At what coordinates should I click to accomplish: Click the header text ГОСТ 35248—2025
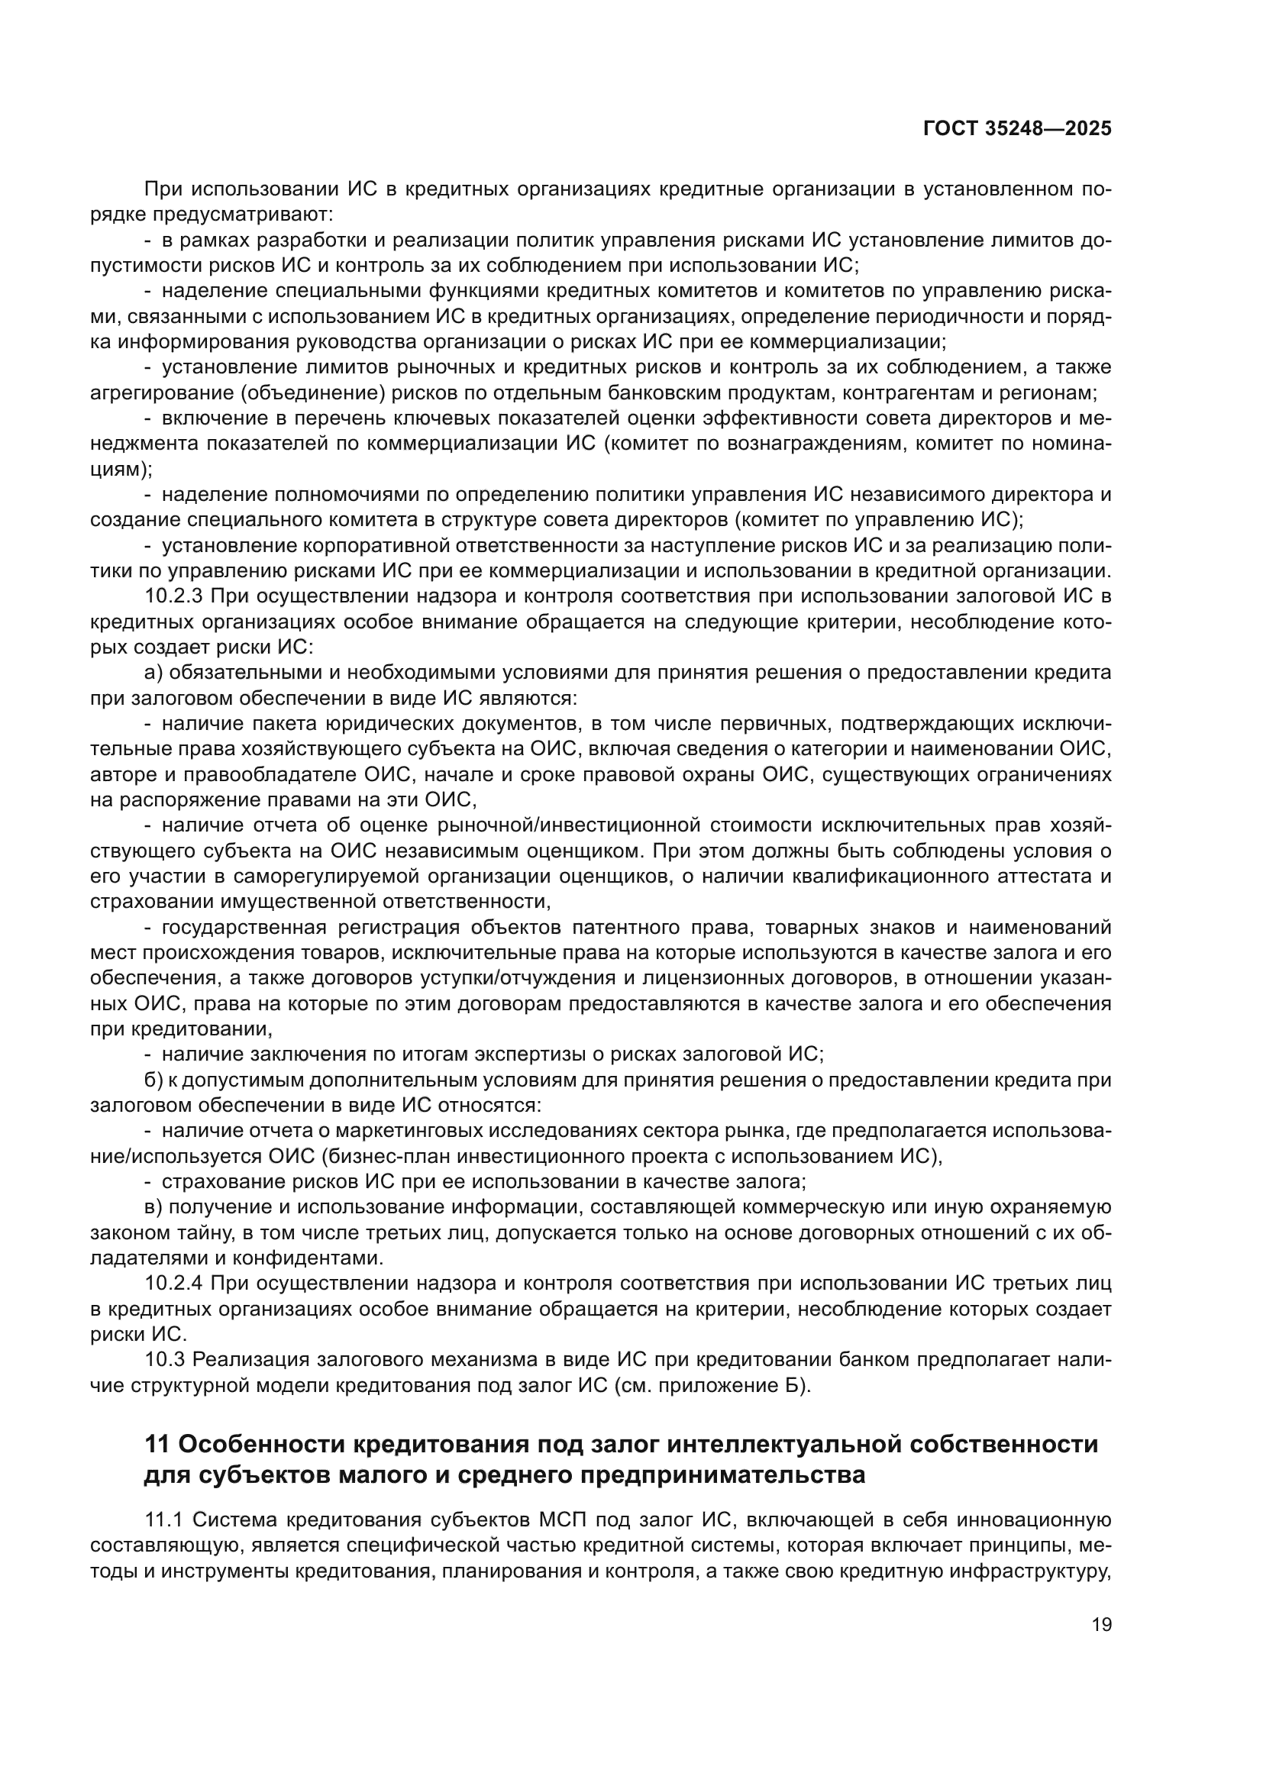(x=1017, y=129)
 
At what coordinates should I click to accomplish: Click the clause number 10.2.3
(x=174, y=596)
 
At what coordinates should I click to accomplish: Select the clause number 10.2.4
(x=174, y=1284)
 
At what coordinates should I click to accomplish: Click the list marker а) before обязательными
(x=154, y=673)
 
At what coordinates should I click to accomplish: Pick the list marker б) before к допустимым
(x=154, y=1080)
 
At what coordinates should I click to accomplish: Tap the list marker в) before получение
(x=154, y=1207)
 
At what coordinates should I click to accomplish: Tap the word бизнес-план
(x=348, y=1156)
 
